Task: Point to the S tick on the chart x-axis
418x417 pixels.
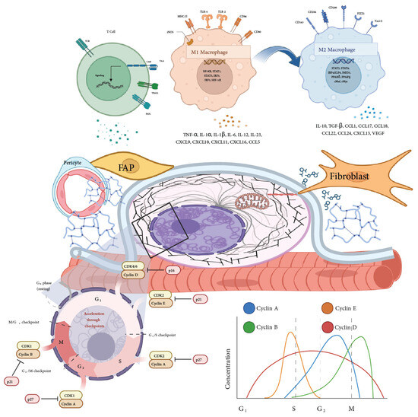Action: pyautogui.click(x=295, y=408)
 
